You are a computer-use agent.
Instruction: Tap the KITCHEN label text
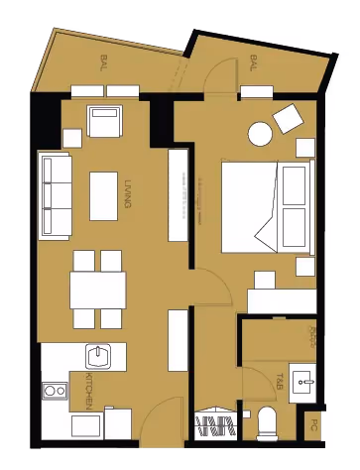[88, 393]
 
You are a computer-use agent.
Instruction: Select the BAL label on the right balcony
[254, 62]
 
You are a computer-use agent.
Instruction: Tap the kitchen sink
[98, 355]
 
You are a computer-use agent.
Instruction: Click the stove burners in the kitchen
[54, 392]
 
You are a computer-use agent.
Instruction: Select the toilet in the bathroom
[268, 423]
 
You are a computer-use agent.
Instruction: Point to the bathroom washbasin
[305, 380]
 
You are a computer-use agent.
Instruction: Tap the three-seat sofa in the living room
[56, 195]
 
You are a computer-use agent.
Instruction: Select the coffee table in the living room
[104, 195]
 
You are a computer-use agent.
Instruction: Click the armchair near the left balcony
[104, 123]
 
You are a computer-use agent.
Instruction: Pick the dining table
[97, 290]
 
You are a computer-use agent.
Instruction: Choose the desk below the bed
[281, 300]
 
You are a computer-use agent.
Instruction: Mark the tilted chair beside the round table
[292, 119]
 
